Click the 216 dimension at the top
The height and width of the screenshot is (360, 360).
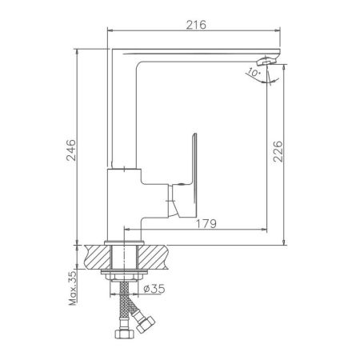pos(197,25)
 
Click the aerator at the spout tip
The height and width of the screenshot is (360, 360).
pos(266,61)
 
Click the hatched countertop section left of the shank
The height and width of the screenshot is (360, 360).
pos(96,257)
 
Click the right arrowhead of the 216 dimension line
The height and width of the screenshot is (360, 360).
pos(282,33)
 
